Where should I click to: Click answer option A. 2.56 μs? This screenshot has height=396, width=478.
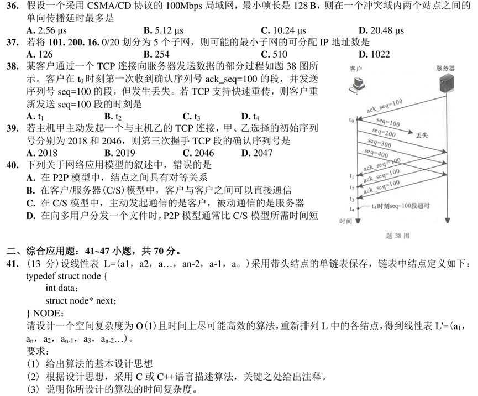46,30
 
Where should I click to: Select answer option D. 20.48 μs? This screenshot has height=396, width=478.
381,30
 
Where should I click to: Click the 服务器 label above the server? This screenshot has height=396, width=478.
445,68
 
